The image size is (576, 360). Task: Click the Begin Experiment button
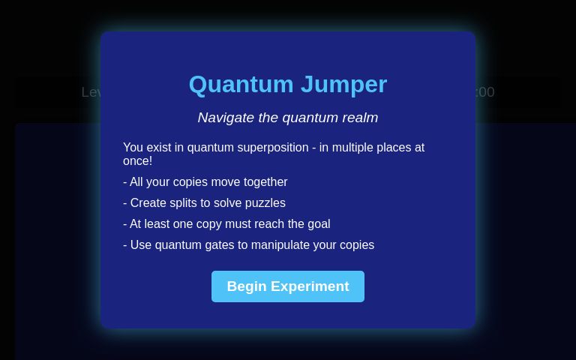coord(288,286)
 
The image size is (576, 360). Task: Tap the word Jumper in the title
coord(343,84)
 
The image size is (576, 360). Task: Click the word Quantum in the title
coord(241,84)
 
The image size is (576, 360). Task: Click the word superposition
coord(271,148)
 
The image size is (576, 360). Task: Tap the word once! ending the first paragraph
coord(137,161)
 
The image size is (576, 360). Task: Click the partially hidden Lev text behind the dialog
coord(91,92)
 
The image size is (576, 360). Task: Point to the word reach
coord(285,224)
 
